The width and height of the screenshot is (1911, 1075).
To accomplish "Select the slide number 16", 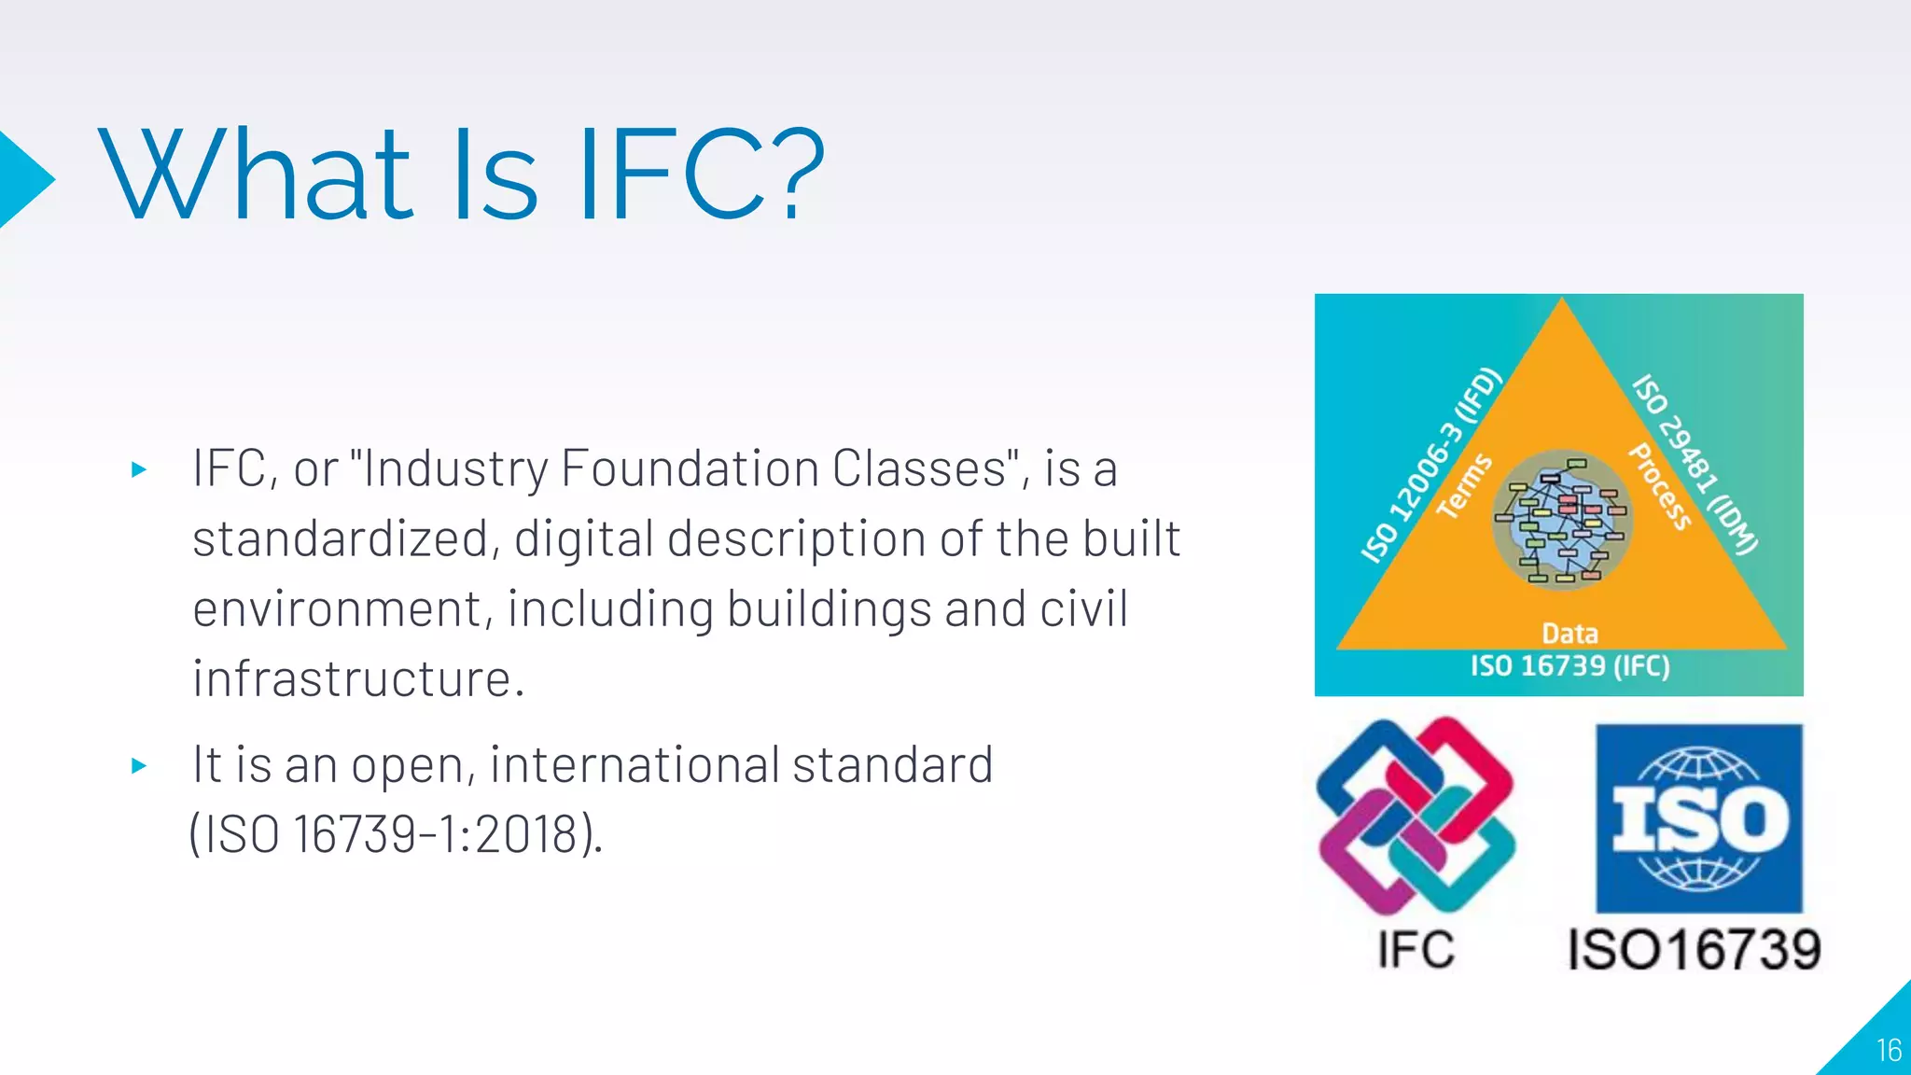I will point(1889,1051).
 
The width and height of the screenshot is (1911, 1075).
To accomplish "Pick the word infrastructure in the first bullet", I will point(358,678).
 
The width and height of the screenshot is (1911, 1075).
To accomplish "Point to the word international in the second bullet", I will point(635,764).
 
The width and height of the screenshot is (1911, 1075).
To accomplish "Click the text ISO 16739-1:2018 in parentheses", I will point(396,833).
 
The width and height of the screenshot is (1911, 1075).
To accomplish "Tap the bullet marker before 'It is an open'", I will point(140,766).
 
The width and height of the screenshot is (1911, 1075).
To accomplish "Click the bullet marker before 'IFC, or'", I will point(140,469).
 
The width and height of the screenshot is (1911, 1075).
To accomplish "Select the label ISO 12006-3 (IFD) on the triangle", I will point(1430,466).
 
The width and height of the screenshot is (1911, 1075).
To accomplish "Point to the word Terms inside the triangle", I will point(1464,486).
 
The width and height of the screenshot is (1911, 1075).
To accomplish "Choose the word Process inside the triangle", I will point(1660,486).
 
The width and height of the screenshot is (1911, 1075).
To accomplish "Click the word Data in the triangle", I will point(1569,634).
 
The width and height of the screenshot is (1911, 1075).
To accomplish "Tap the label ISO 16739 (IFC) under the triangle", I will point(1569,666).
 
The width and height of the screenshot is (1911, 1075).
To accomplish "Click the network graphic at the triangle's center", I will point(1562,519).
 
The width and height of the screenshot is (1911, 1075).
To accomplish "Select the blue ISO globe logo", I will point(1698,818).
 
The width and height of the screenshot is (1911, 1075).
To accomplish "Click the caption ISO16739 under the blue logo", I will point(1694,950).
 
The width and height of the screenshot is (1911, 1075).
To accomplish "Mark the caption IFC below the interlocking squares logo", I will point(1416,950).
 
